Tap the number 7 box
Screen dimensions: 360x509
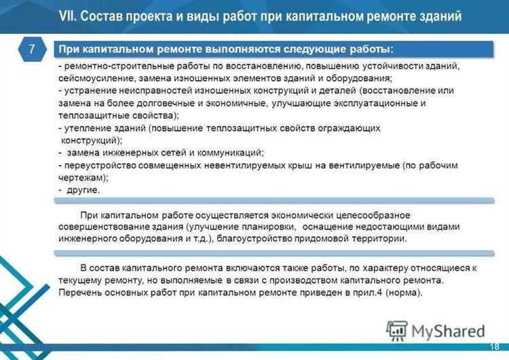tap(31, 49)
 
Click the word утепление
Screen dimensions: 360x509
tap(86, 128)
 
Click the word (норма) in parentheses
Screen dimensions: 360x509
tap(402, 292)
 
